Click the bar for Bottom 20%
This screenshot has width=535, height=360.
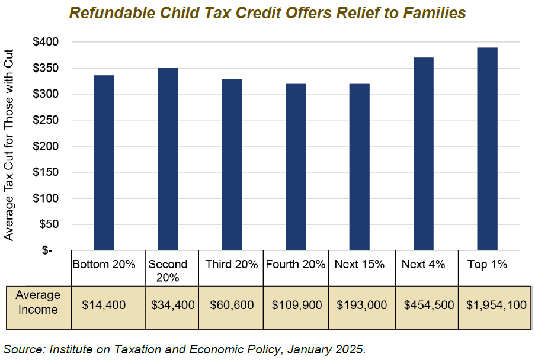point(104,163)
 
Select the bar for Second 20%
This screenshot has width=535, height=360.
point(168,159)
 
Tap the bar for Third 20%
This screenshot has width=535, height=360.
point(232,165)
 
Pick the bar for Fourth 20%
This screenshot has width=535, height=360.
point(296,167)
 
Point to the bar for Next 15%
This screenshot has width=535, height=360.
point(360,167)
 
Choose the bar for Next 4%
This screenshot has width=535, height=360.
point(424,154)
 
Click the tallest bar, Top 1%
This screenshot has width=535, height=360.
point(488,149)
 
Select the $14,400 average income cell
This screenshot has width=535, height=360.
point(104,306)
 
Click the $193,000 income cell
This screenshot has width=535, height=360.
point(361,306)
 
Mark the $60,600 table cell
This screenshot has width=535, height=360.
point(232,306)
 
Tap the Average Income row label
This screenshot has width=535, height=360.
point(38,302)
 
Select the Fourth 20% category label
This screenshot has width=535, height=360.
point(296,265)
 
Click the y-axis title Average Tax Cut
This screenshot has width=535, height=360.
point(9,146)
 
